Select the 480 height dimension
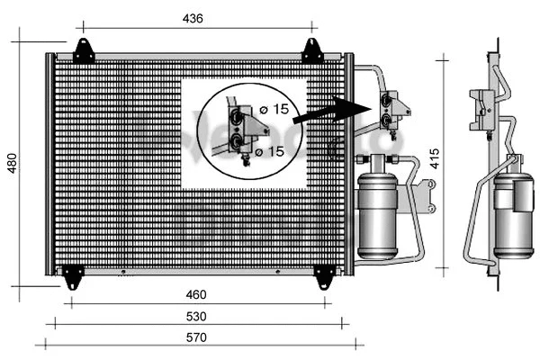point(13,162)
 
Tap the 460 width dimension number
point(196,294)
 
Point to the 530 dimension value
point(196,316)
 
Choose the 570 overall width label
point(196,337)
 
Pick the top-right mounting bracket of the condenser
point(311,50)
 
